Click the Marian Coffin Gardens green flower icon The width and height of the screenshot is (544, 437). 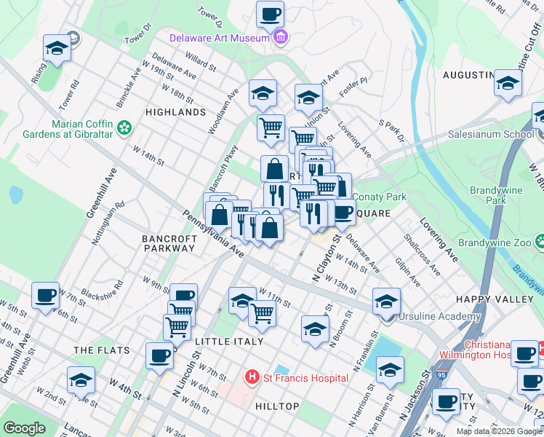125,128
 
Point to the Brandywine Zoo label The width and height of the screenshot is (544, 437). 492,241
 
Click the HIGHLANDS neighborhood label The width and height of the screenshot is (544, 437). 175,113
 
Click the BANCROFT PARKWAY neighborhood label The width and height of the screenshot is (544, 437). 168,243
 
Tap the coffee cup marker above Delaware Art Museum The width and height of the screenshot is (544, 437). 270,14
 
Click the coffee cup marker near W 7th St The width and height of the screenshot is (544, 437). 46,296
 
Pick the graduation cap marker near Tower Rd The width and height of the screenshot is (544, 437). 56,48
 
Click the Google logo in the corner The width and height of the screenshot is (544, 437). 25,429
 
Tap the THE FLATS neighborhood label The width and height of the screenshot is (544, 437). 101,350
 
